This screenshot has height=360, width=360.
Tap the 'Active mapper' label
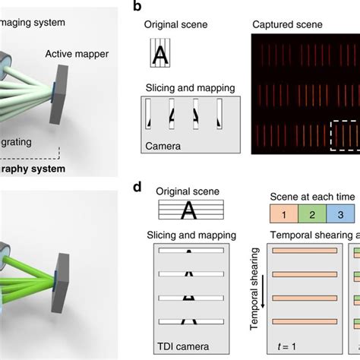[77, 54]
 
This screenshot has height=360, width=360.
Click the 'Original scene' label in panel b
[171, 24]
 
